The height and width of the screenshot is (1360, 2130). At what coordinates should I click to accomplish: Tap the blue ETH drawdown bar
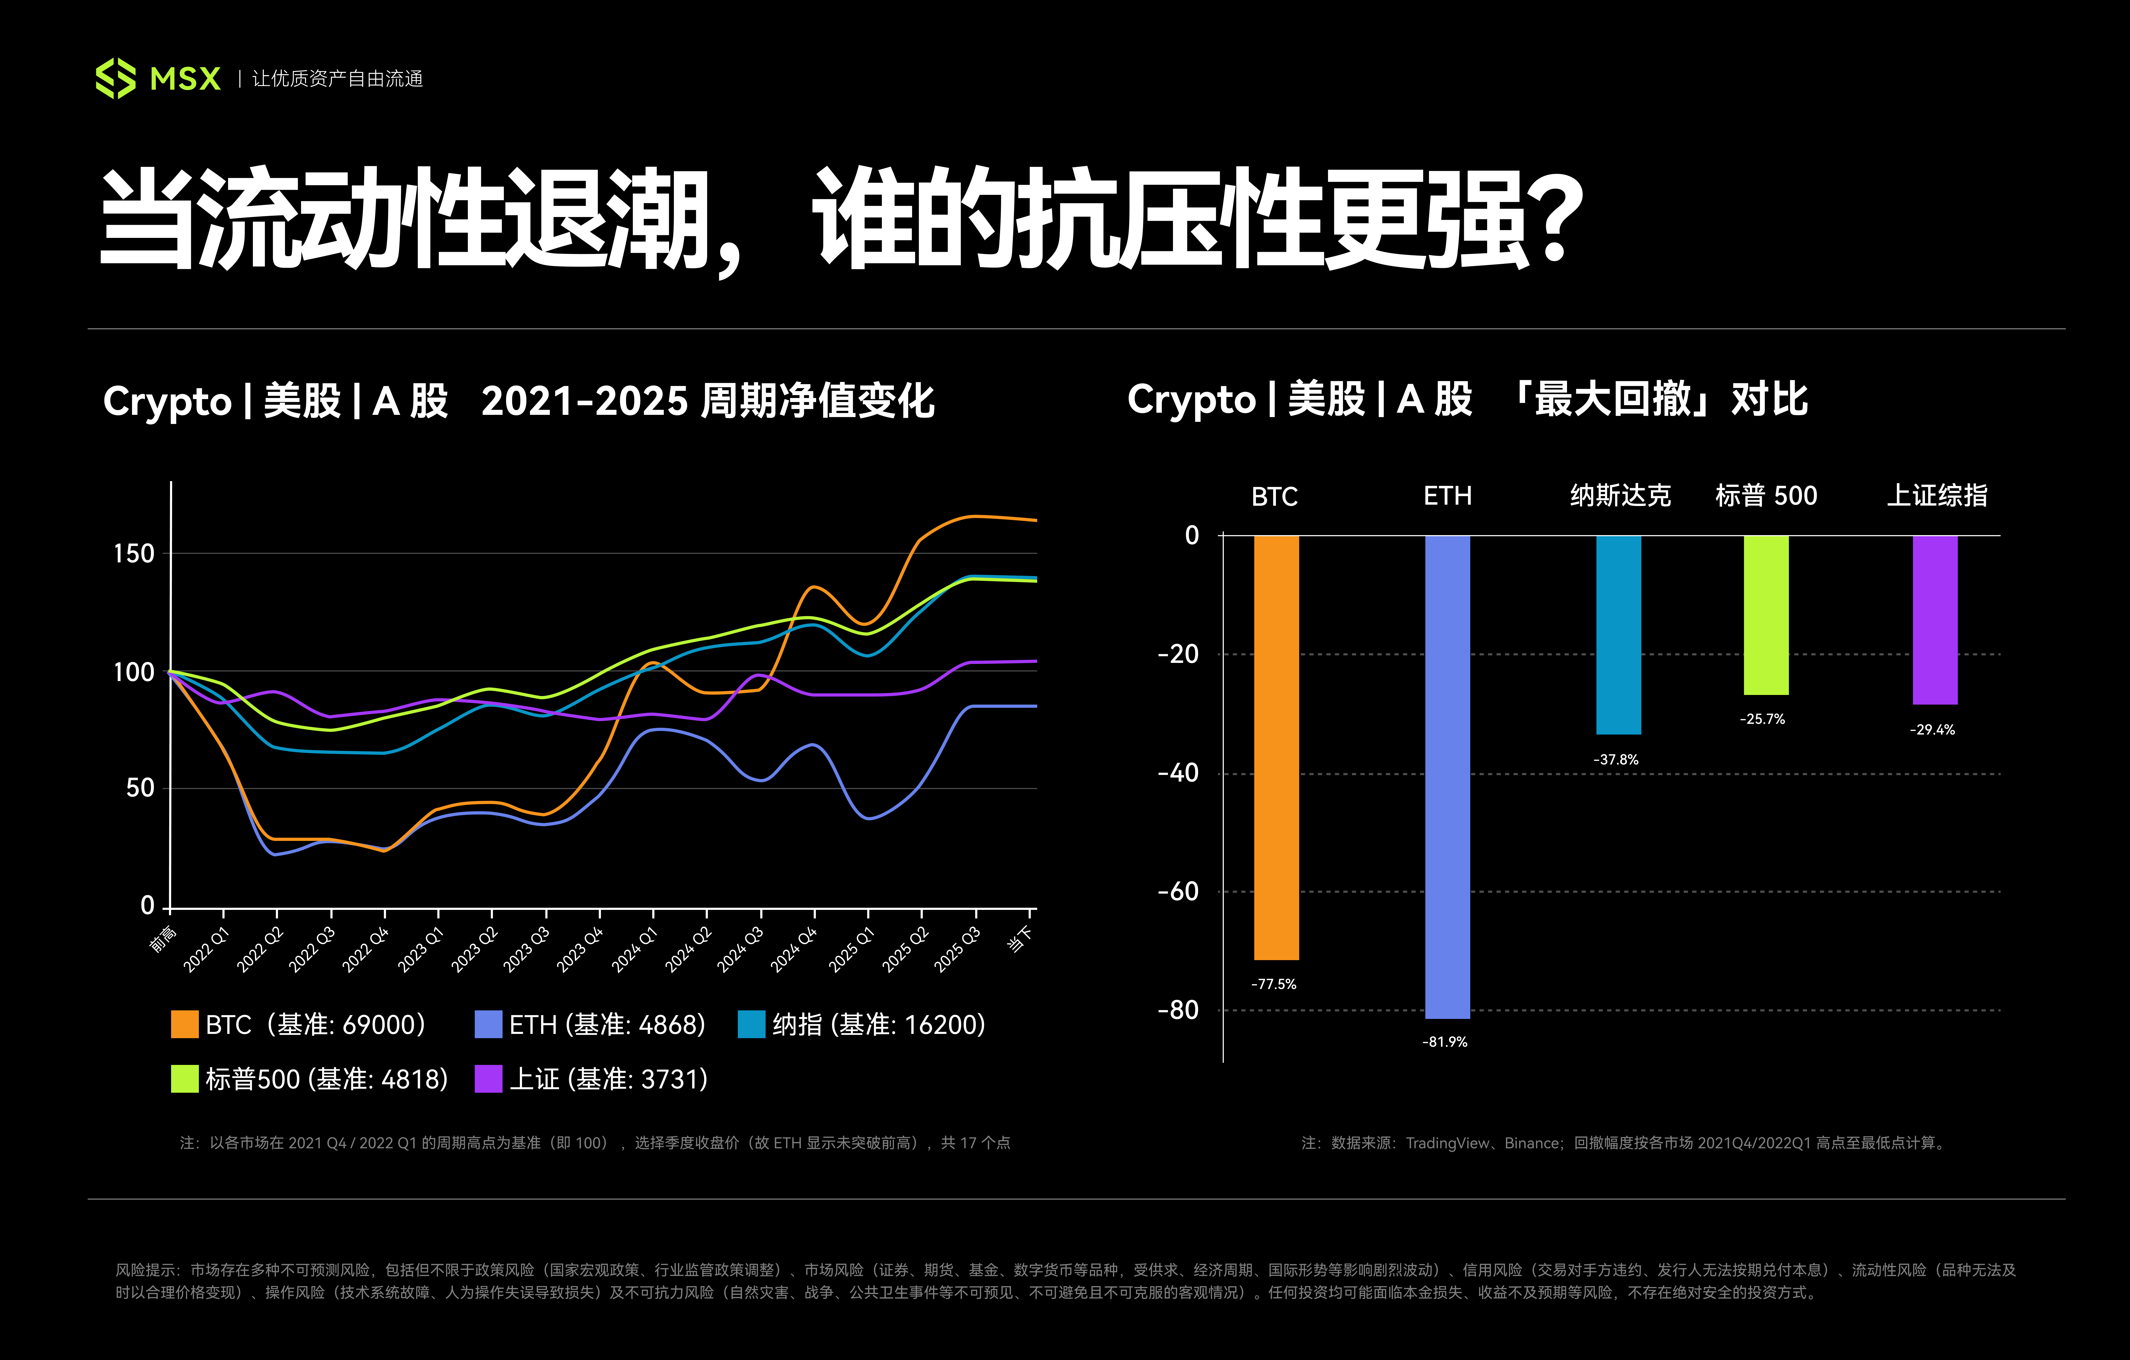pos(1447,776)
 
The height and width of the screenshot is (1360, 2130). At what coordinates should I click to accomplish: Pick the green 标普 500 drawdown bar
pos(1766,615)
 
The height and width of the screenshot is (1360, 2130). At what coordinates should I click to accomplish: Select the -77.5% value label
pos(1274,984)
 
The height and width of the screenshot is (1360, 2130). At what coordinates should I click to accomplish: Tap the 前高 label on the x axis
pos(163,939)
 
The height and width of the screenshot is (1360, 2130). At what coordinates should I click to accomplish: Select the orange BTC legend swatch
pos(184,1024)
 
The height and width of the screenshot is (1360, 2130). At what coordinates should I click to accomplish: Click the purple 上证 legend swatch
pos(488,1079)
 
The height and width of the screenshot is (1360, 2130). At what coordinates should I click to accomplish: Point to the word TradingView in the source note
pos(1447,1143)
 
